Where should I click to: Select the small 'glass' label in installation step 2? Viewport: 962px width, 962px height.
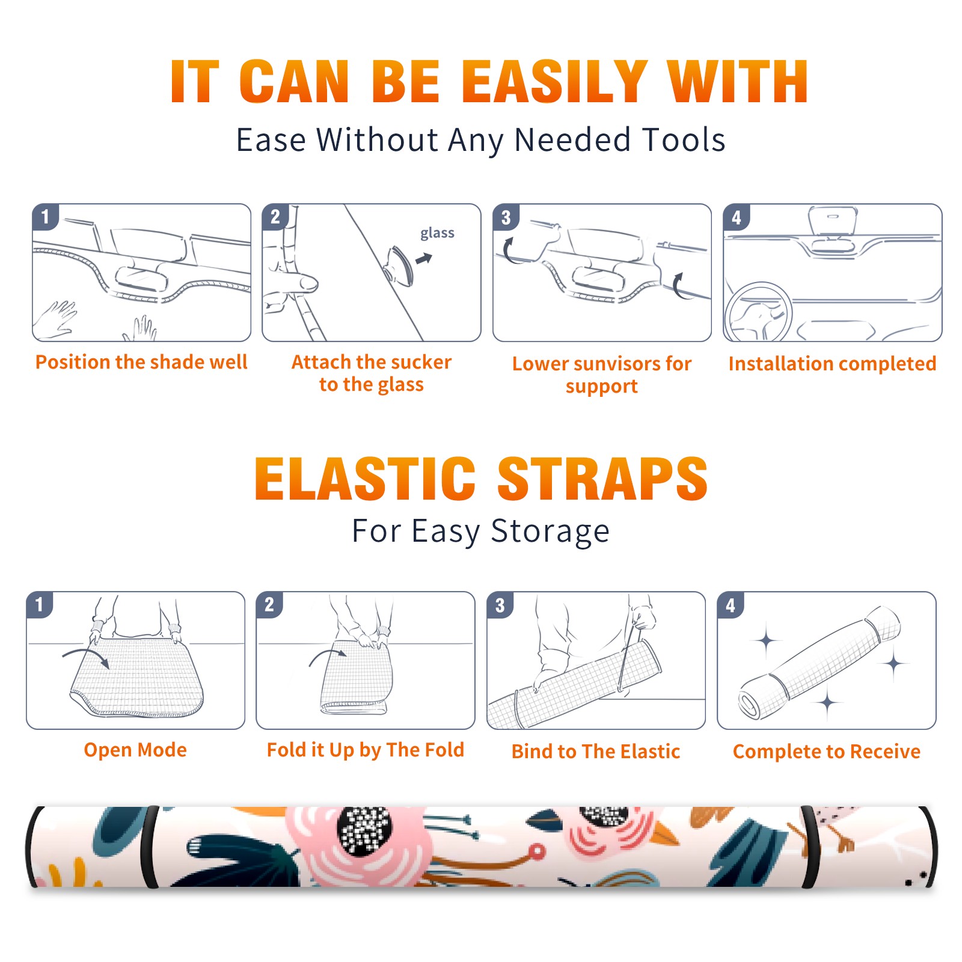437,233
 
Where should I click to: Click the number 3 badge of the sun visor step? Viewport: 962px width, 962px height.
506,218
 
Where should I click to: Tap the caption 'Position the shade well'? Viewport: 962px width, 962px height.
141,362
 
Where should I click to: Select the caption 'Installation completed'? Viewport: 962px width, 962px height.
832,364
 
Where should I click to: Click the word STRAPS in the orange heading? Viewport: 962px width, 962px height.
602,479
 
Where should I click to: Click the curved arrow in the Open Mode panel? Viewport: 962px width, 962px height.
86,656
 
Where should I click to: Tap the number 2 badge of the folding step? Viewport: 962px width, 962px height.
269,605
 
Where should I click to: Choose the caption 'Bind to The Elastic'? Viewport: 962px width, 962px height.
596,752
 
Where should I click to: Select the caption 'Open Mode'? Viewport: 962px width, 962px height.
135,750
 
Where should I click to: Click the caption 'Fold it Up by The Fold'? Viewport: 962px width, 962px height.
366,750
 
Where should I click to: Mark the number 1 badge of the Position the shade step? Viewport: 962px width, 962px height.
45,216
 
